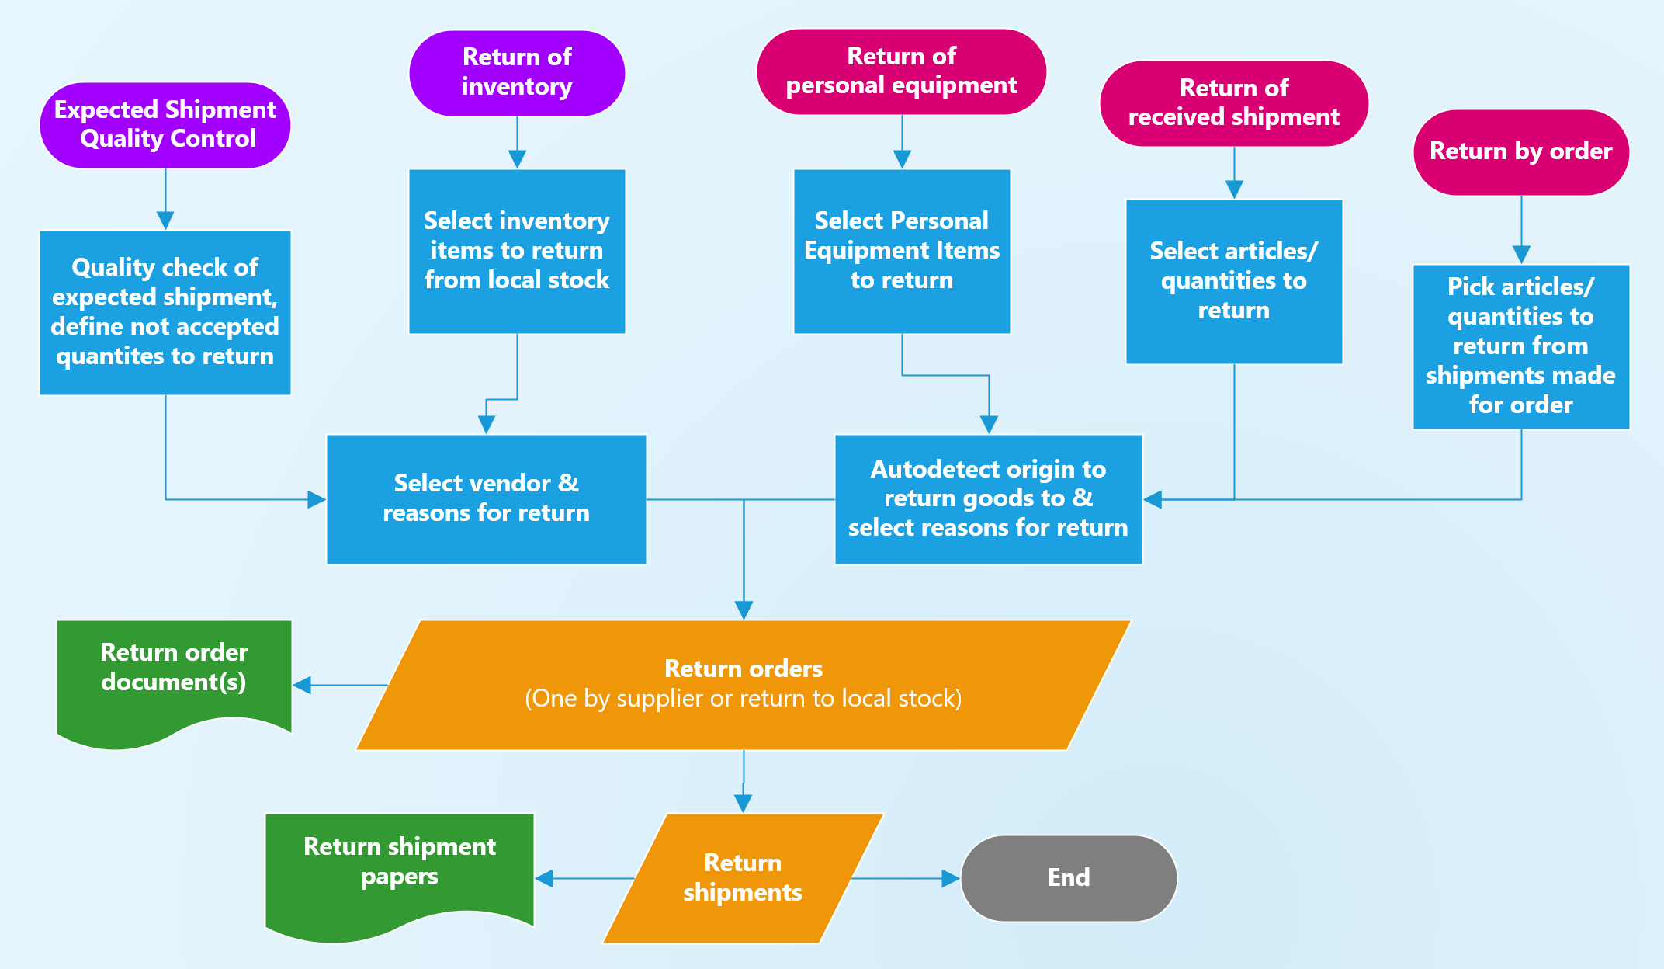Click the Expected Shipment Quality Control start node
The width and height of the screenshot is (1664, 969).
pos(165,125)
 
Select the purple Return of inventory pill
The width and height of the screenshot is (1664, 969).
pos(517,73)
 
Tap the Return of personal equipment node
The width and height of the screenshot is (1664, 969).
pos(901,71)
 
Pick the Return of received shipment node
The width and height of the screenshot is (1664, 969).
pos(1233,103)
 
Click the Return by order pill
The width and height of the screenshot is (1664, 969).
pos(1520,151)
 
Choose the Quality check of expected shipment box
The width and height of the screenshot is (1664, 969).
pos(165,312)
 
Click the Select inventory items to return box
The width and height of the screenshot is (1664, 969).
pos(517,251)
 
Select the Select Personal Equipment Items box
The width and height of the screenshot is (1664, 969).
pos(901,251)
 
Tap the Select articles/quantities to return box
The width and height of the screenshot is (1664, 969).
pos(1233,281)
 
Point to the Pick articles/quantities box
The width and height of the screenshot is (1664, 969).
pos(1520,346)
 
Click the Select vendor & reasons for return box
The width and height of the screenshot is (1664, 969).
pos(486,498)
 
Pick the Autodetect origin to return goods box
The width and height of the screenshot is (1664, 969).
pos(988,498)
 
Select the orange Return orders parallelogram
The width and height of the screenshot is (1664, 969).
pos(743,684)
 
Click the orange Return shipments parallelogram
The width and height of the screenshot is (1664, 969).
pos(743,878)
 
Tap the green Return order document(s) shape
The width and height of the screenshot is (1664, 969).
pos(174,672)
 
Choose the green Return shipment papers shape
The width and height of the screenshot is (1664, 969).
pos(399,865)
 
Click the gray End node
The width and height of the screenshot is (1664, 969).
pos(1069,878)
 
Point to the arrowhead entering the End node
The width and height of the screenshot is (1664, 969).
pos(951,878)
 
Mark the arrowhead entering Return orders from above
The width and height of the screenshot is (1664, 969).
pos(744,610)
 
